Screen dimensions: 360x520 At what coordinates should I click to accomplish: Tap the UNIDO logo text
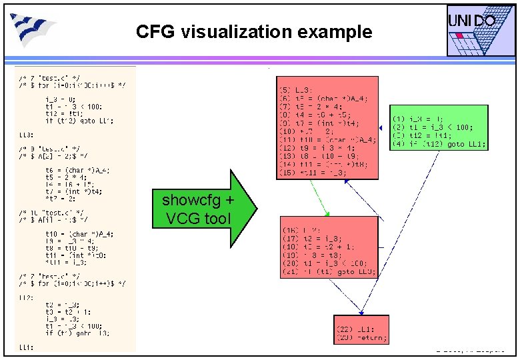coord(471,21)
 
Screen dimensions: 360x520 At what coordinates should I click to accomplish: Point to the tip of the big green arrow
coord(256,208)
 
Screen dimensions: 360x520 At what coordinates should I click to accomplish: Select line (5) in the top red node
coord(297,90)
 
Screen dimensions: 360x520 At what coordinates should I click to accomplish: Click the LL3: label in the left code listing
coord(26,135)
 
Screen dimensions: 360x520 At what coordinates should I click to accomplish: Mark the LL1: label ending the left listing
coord(26,347)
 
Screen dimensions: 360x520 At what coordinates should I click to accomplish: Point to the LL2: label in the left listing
coord(26,297)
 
